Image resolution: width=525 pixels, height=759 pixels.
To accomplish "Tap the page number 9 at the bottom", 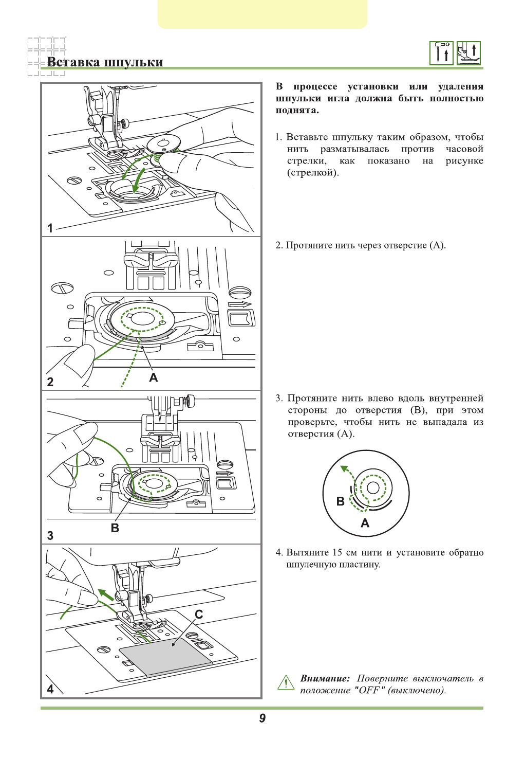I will coord(262,718).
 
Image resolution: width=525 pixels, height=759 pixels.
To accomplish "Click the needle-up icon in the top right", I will coord(441,53).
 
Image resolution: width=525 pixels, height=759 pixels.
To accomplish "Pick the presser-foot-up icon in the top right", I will coord(468,53).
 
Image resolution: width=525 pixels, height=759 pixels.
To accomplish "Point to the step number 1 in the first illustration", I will coord(50,228).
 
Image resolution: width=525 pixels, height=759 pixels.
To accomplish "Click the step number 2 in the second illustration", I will coord(50,382).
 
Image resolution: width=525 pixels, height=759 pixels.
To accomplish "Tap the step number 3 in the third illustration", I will coord(50,535).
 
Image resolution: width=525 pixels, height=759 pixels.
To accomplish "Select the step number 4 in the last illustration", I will coord(50,689).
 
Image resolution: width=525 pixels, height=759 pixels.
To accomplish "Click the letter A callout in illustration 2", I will coord(153,377).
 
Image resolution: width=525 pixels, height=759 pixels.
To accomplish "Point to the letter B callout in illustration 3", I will coord(115,528).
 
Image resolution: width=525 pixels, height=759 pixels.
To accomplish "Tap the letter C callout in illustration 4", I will coord(199,614).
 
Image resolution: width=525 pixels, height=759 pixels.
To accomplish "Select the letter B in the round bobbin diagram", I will coord(340,501).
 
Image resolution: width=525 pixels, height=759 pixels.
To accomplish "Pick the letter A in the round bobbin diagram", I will coord(365,523).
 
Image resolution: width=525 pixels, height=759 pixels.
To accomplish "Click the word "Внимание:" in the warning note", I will coord(325,678).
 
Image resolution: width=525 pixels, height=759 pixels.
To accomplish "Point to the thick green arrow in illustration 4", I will coord(106,595).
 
